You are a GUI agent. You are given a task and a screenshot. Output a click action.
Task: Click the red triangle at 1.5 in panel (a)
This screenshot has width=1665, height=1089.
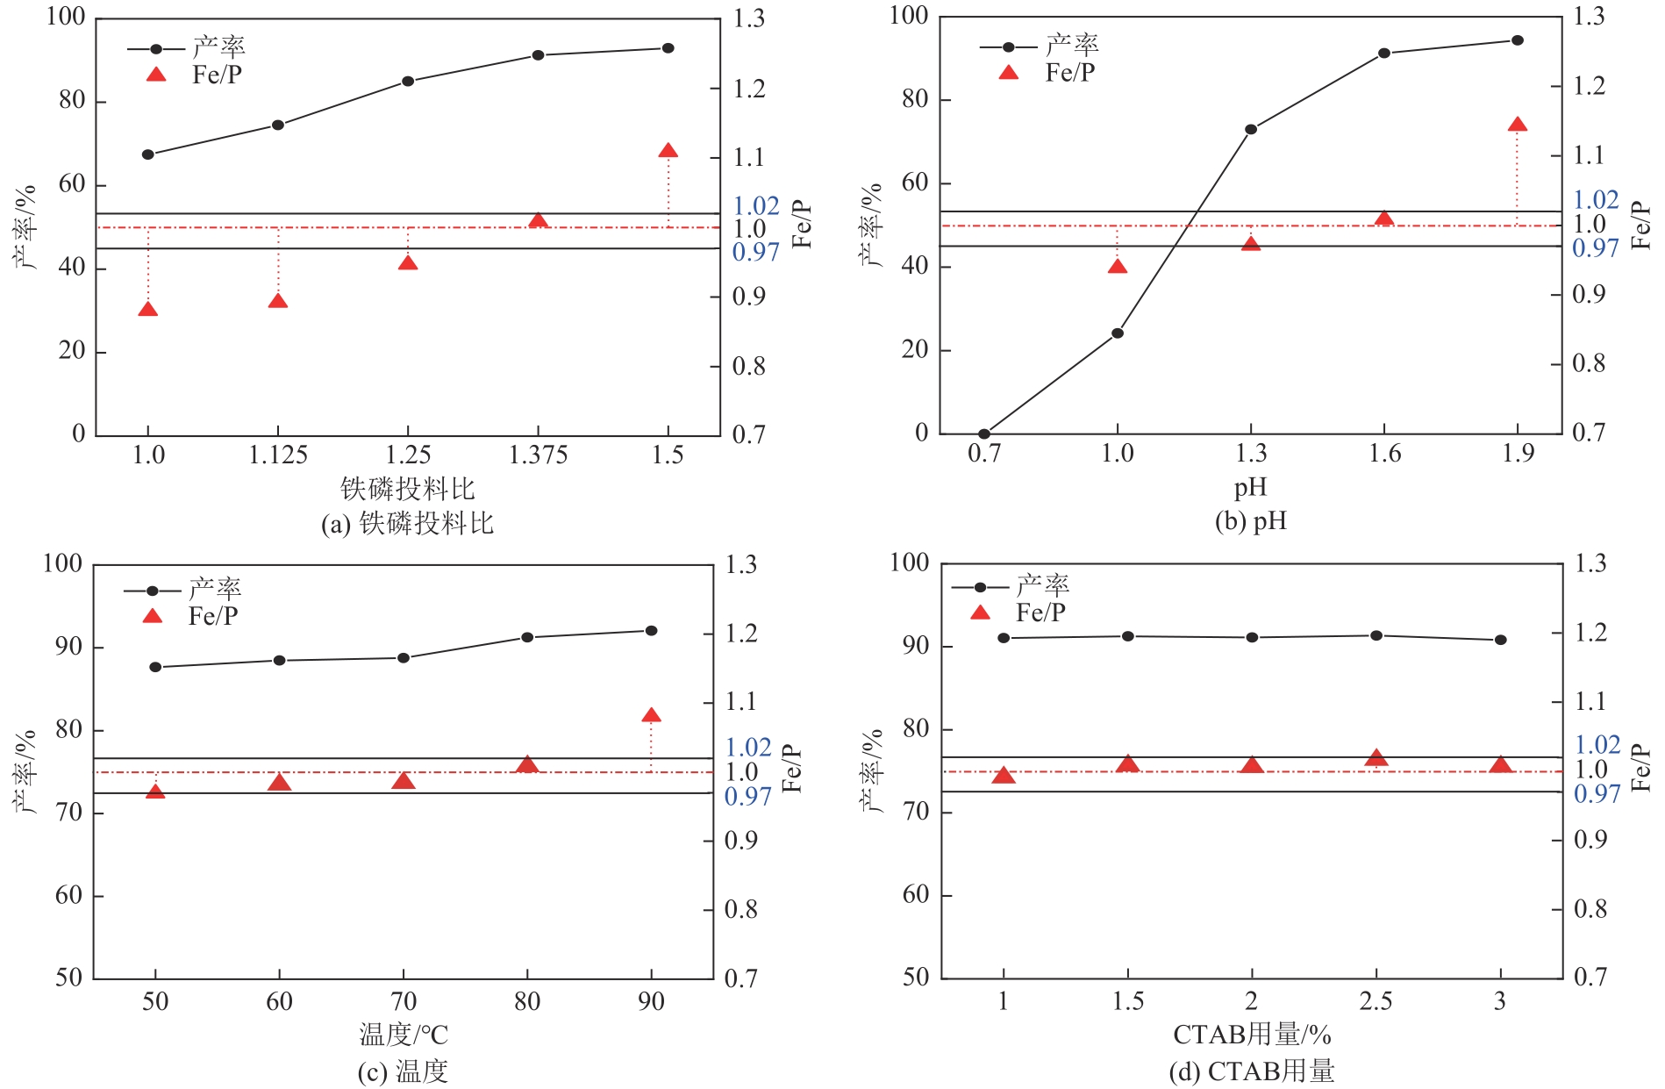(x=668, y=152)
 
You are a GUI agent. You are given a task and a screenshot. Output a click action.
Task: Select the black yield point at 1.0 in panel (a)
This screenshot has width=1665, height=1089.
(x=148, y=154)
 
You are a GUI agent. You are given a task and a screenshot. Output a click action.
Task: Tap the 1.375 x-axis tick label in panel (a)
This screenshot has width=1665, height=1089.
(x=538, y=455)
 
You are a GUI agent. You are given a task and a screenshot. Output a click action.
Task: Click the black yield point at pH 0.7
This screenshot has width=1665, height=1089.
(x=984, y=433)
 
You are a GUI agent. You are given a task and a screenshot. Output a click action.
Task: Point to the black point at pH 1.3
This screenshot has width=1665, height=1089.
(x=1251, y=130)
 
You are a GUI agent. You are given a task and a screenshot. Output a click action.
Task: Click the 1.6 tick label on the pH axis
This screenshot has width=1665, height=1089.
(x=1384, y=453)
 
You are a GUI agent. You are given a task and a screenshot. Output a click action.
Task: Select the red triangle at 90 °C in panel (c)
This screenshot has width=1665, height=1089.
(x=651, y=716)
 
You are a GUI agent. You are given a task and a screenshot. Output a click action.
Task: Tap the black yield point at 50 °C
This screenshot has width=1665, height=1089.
(x=155, y=667)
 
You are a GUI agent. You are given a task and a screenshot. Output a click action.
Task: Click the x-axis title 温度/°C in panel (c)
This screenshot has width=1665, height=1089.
(x=404, y=1035)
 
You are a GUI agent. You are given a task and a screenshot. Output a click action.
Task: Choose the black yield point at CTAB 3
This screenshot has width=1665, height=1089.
(x=1501, y=640)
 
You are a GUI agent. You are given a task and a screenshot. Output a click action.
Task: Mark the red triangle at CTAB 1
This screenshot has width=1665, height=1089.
(x=1004, y=776)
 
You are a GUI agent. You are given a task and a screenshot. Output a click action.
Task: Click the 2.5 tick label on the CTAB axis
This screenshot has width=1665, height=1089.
(x=1376, y=1000)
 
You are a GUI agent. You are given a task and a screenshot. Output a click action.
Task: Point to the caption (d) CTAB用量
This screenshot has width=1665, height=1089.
(x=1251, y=1071)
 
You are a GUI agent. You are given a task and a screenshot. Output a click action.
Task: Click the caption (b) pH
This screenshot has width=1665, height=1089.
(x=1250, y=521)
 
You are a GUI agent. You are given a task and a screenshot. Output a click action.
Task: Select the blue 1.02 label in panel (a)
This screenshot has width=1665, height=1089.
(x=756, y=205)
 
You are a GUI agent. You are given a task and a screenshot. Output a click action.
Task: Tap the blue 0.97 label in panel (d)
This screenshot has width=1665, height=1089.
(x=1597, y=794)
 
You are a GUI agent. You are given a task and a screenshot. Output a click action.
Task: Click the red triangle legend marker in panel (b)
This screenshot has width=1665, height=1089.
(x=1009, y=73)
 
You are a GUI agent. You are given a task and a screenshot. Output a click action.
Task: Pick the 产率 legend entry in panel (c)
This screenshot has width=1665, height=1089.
(x=215, y=587)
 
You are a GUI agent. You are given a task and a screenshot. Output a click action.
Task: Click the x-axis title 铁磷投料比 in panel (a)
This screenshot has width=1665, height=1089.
(x=407, y=488)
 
